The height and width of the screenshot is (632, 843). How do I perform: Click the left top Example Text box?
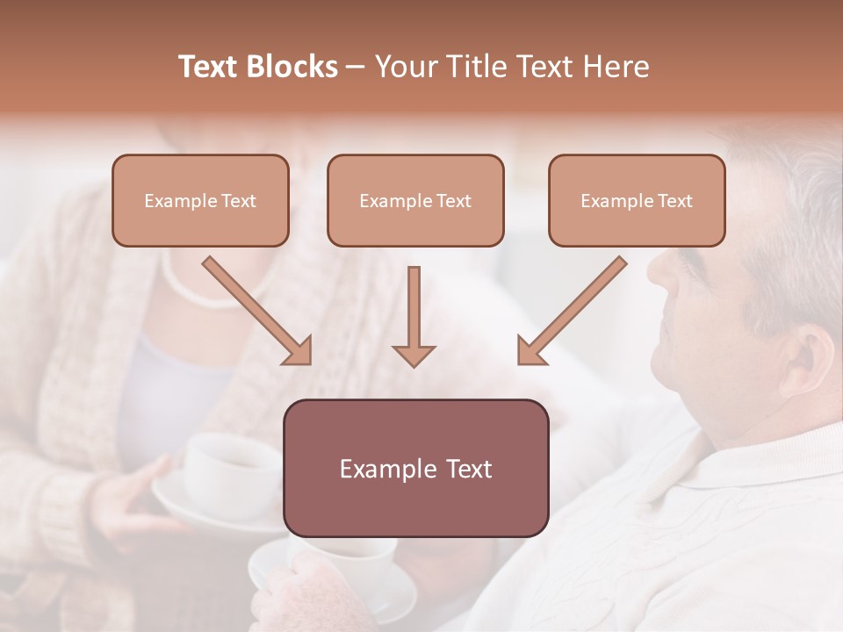[x=200, y=200]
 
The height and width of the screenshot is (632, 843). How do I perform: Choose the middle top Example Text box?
[x=415, y=200]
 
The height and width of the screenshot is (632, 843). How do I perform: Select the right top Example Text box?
[x=637, y=200]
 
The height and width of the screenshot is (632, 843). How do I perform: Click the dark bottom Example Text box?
[x=415, y=468]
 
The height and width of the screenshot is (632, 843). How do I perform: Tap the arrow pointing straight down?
[x=414, y=316]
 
